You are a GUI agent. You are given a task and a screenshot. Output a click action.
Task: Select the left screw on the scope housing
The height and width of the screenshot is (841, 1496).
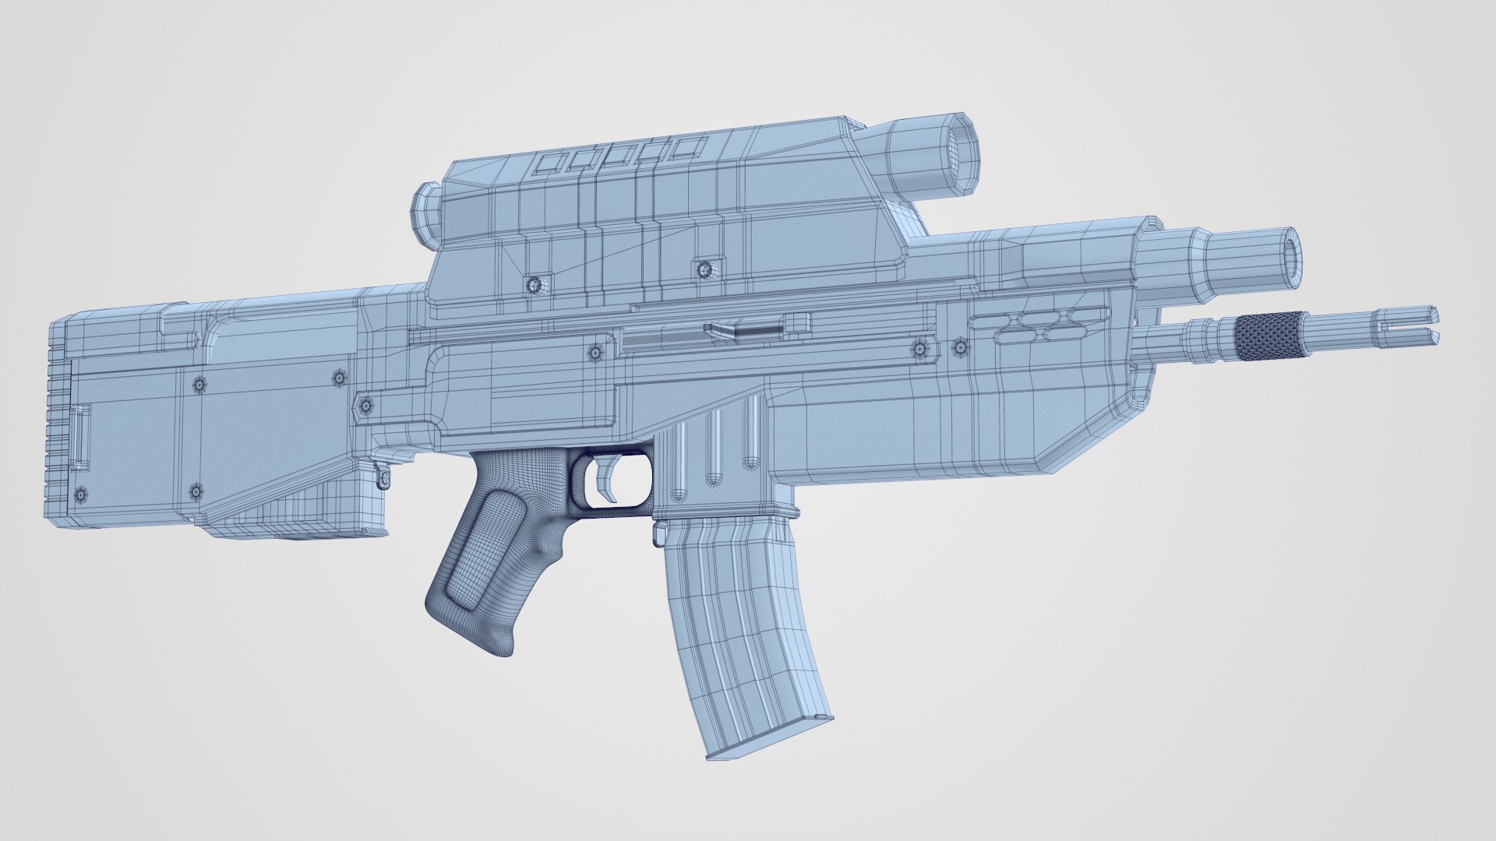534,284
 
